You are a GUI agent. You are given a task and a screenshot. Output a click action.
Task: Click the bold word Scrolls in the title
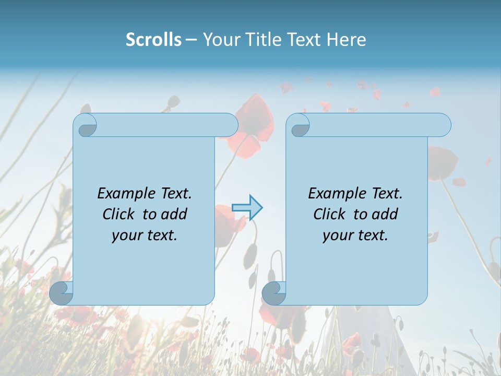154,40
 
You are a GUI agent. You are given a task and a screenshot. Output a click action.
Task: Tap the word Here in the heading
346,40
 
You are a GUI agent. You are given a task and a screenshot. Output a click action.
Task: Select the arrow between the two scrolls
247,208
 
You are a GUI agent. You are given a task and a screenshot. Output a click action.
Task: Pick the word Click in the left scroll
120,214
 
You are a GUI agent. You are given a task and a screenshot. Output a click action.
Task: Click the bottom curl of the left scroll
61,293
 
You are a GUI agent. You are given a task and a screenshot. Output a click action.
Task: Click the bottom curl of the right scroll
273,293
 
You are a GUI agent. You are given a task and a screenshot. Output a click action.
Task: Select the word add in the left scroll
174,214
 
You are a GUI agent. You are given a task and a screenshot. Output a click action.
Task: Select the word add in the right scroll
385,214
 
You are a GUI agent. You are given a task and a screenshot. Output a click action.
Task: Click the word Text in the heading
303,40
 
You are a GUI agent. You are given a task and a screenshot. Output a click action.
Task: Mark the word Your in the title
219,40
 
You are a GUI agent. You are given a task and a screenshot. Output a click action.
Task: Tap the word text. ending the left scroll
161,236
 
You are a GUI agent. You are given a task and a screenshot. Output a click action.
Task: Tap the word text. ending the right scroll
372,236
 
